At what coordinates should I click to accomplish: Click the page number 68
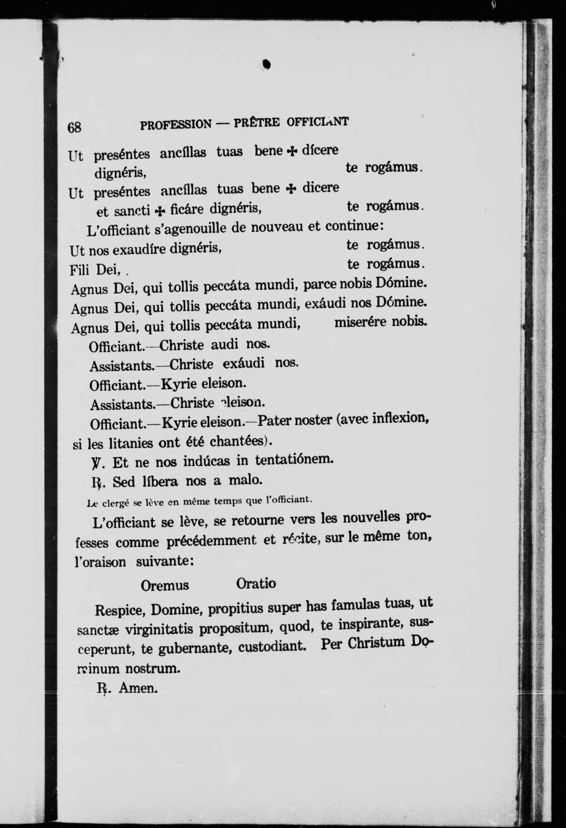75,127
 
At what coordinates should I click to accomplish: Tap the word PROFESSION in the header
176,124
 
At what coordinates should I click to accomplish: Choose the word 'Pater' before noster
273,421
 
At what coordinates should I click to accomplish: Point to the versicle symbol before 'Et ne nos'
96,463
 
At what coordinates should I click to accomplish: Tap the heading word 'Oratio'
256,584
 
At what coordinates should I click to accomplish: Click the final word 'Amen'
138,688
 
